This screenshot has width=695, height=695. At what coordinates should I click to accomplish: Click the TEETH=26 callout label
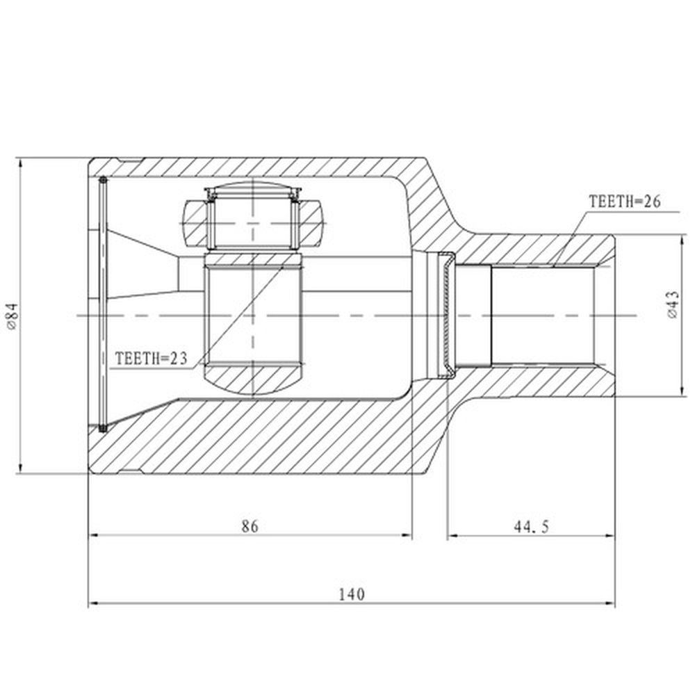[624, 202]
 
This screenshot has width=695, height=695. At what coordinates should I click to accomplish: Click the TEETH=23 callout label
[151, 358]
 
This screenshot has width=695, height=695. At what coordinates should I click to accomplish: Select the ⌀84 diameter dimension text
[12, 316]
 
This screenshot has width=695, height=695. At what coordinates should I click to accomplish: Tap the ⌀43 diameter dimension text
[672, 305]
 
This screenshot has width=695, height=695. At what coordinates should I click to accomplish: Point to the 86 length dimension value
[250, 526]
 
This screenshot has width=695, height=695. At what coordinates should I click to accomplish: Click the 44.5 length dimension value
[532, 527]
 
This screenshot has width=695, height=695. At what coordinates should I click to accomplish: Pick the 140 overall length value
[352, 594]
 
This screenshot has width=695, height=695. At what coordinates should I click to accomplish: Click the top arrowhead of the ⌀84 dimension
[20, 163]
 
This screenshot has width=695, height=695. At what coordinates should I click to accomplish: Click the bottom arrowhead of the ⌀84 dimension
[20, 468]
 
